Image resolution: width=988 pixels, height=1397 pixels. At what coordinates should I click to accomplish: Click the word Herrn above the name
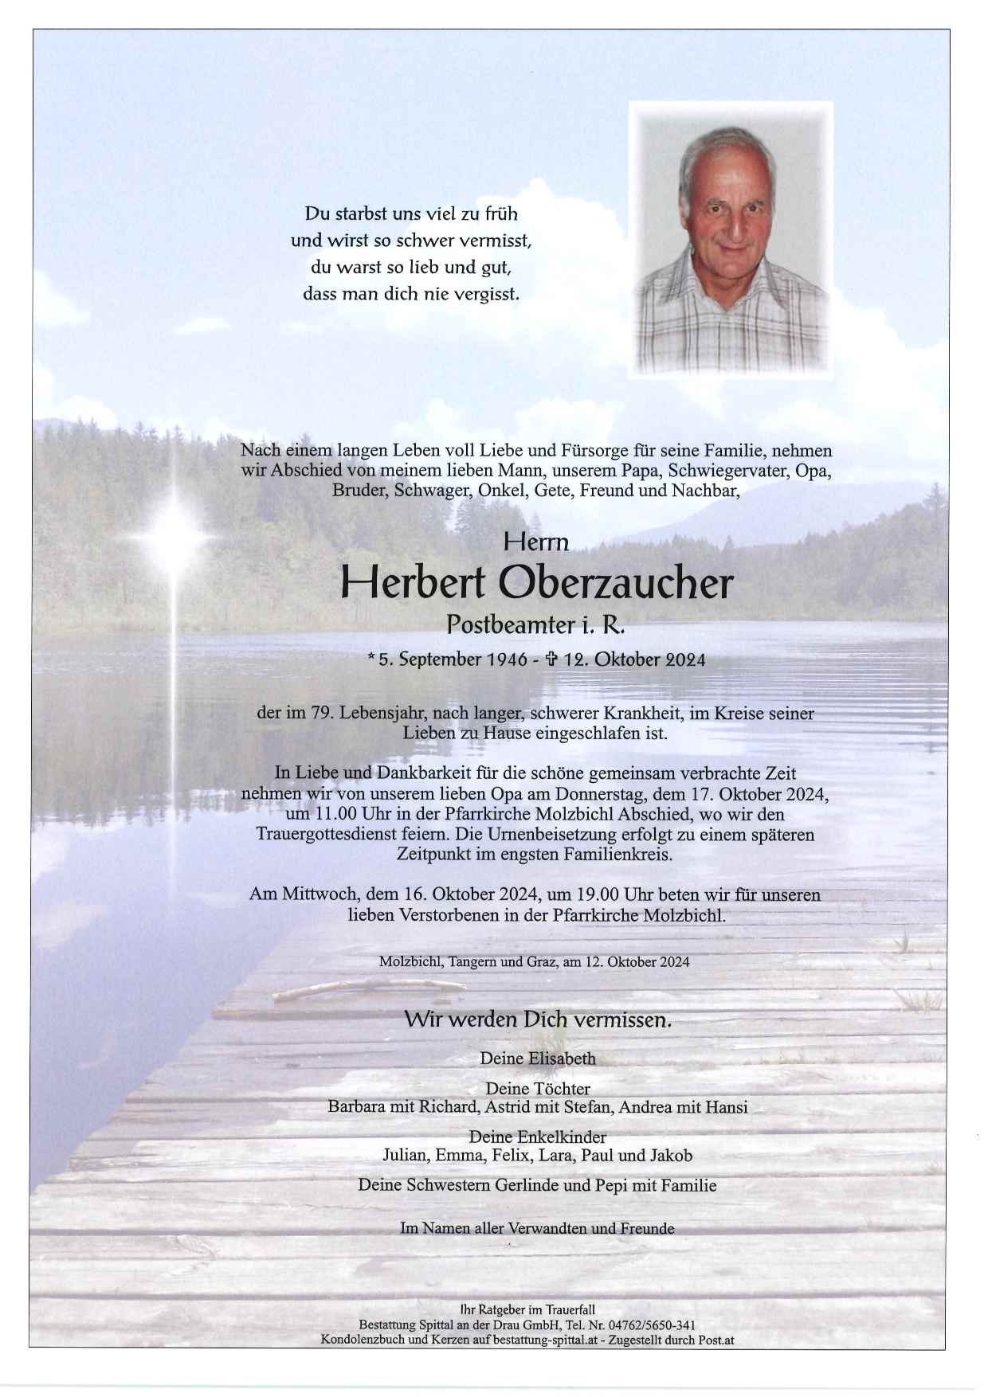(x=536, y=543)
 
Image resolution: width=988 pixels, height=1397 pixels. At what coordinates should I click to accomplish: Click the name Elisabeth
(x=562, y=1059)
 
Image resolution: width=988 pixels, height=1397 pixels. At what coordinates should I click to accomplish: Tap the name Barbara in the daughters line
(x=354, y=1107)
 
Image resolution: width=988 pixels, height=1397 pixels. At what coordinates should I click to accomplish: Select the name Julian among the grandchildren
(x=404, y=1155)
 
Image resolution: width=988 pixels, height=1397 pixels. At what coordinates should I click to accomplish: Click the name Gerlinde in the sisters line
(x=521, y=1185)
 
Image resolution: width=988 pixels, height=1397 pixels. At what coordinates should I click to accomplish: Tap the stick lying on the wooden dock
(x=368, y=990)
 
